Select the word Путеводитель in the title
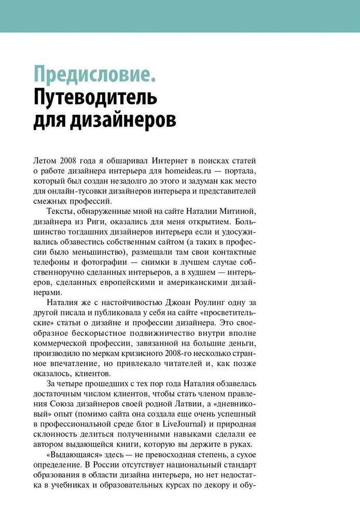[95, 97]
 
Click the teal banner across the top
[180, 16]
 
